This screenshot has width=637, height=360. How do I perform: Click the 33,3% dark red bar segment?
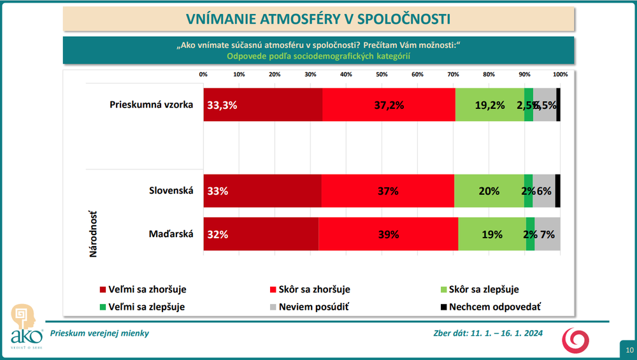(262, 105)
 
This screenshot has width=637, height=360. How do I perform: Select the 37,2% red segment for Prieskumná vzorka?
(389, 105)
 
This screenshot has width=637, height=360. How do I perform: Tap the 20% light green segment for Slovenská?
(489, 191)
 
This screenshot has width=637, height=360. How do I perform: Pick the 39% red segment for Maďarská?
(388, 234)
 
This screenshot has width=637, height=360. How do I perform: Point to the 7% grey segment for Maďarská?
(547, 234)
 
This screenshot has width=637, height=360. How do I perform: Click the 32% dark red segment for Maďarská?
(261, 234)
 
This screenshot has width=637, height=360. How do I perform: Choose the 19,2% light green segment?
(489, 105)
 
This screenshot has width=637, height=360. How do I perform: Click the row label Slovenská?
(171, 190)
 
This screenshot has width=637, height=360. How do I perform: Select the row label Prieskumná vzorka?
(151, 104)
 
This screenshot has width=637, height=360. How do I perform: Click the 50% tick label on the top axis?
(382, 75)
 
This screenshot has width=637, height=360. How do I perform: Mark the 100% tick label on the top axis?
(560, 75)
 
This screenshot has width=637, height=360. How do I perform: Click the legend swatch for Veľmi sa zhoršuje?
(104, 289)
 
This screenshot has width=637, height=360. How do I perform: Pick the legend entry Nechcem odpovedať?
(494, 306)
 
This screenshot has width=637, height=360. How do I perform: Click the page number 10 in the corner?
(629, 350)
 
